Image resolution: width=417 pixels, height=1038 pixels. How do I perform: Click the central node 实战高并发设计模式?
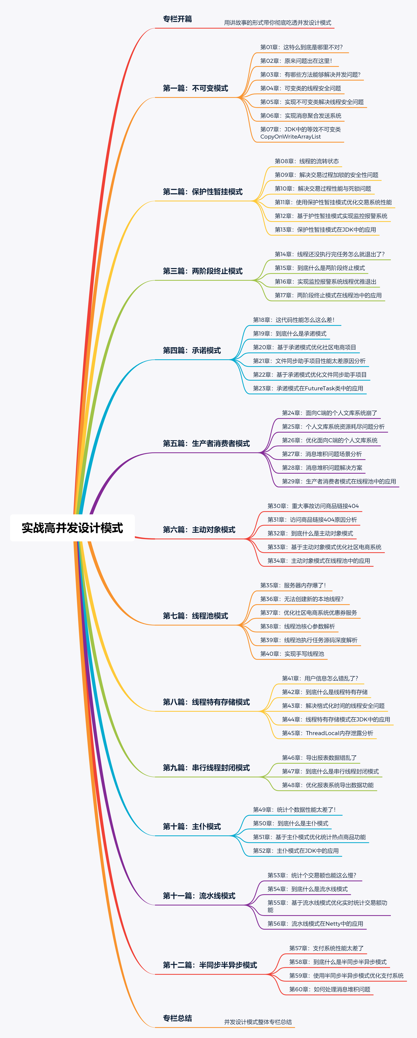[x=72, y=528]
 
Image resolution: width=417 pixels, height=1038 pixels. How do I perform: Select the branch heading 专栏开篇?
[x=177, y=19]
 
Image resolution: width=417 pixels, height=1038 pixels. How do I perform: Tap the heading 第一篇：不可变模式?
[x=195, y=88]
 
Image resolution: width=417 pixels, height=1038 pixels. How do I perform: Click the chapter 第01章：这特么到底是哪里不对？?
[x=301, y=47]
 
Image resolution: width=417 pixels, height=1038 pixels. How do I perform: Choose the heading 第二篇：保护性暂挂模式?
[x=202, y=192]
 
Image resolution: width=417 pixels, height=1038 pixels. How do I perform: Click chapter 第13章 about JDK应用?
[x=325, y=230]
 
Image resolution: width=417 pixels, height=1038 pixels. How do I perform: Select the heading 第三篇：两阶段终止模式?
[x=202, y=271]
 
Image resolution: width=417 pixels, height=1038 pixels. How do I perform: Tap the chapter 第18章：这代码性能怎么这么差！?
[x=293, y=320]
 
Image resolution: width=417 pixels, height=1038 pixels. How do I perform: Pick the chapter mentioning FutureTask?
[x=308, y=388]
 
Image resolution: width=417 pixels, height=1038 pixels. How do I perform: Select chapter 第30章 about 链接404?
[x=313, y=506]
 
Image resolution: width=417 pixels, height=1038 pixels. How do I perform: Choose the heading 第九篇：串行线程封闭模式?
[x=206, y=768]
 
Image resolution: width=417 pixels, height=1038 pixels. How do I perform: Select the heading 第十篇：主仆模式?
[x=192, y=827]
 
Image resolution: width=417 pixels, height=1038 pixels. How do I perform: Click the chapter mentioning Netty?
[x=315, y=924]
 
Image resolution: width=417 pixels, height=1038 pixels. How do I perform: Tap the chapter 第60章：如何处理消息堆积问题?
[x=330, y=989]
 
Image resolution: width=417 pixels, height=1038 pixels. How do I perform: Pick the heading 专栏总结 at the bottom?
[x=177, y=1018]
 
